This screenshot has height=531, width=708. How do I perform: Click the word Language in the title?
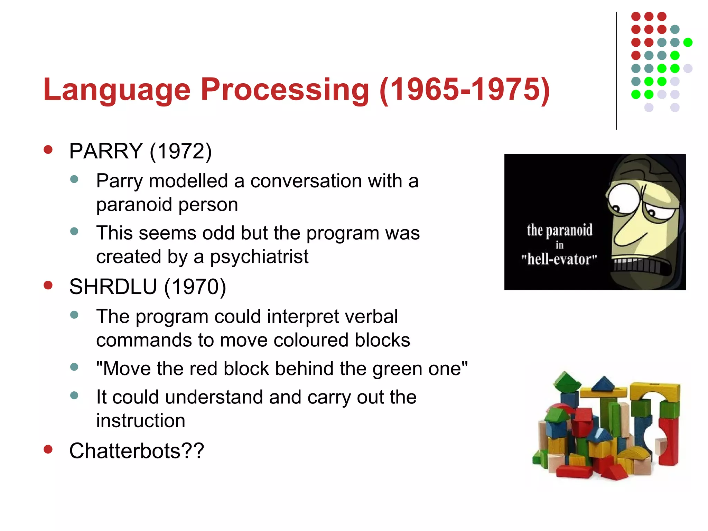(117, 90)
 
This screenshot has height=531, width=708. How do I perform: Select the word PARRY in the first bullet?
(106, 151)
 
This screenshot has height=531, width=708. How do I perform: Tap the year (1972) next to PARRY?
(180, 151)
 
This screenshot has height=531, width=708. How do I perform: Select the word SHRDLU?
(113, 287)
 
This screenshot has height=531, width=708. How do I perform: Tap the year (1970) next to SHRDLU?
(195, 287)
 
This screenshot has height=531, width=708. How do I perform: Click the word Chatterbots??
(137, 451)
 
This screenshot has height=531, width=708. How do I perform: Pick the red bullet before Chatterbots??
(48, 449)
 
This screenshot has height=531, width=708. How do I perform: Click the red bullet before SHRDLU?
(48, 285)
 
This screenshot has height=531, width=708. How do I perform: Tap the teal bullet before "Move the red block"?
(74, 367)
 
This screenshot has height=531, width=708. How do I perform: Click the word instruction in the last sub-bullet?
(141, 421)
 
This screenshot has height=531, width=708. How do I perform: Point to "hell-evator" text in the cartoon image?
(559, 259)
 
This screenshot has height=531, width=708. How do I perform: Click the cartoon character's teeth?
(636, 265)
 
